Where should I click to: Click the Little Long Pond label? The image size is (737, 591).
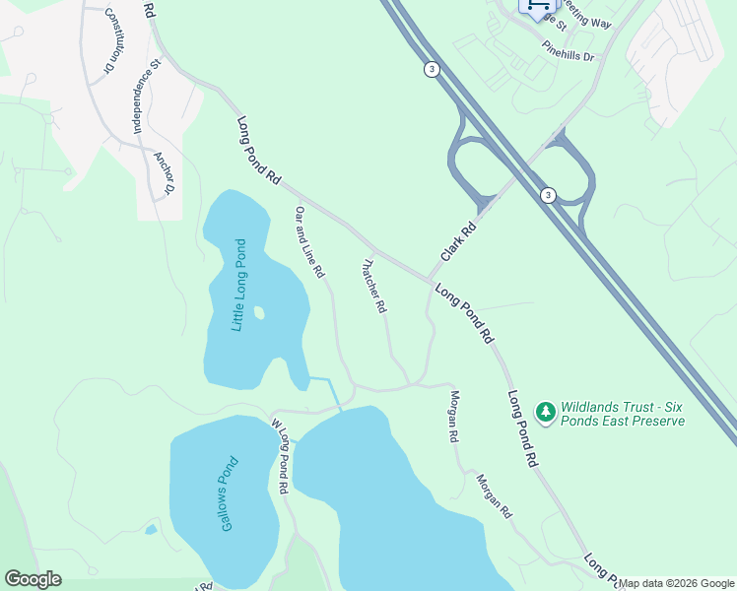coord(237,286)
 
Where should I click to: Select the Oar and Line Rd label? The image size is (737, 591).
coord(309,241)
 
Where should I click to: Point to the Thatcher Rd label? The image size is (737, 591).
coord(373,286)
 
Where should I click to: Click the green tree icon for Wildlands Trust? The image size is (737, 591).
coord(545,410)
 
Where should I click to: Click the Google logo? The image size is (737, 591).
coord(33,579)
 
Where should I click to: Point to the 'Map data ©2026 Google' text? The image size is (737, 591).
coord(676,583)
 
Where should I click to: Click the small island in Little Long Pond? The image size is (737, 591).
coord(259,313)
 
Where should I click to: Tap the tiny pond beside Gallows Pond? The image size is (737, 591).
coord(150,530)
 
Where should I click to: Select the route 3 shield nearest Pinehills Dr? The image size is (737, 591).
coord(432,69)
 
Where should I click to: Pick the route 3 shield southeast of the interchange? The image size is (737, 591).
coord(547,195)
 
